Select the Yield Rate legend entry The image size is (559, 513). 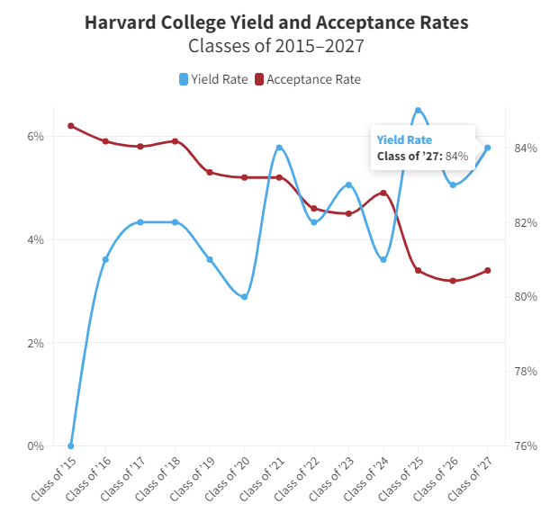point(213,79)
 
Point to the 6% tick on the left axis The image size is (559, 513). point(35,137)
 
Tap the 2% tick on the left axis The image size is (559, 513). point(35,343)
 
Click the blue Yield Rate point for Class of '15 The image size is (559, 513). point(70,445)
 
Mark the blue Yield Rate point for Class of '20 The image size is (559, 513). point(244,297)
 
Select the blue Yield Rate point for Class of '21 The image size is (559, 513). point(279,148)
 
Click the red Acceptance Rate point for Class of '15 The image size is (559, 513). point(70,126)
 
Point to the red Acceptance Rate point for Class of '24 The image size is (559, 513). point(383,193)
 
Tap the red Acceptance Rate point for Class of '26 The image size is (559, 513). point(453,281)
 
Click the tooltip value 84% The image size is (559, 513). point(456,156)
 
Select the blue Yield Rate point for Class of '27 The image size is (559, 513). point(488,148)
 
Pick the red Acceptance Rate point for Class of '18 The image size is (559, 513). point(175,141)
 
